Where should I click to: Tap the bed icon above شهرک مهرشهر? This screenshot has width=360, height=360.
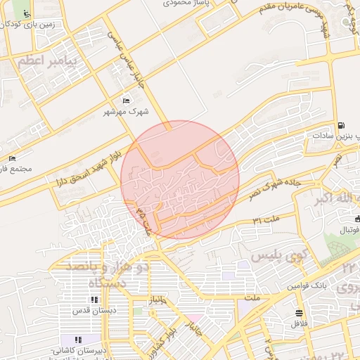(126, 101)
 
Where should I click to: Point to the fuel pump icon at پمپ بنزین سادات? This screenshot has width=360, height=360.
(341, 125)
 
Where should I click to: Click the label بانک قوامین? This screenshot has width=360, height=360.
(307, 286)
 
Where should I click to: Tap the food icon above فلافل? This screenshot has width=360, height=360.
(300, 313)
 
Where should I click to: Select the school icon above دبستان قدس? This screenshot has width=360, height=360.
(95, 300)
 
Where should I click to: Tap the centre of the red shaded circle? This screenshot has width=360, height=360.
(180, 179)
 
